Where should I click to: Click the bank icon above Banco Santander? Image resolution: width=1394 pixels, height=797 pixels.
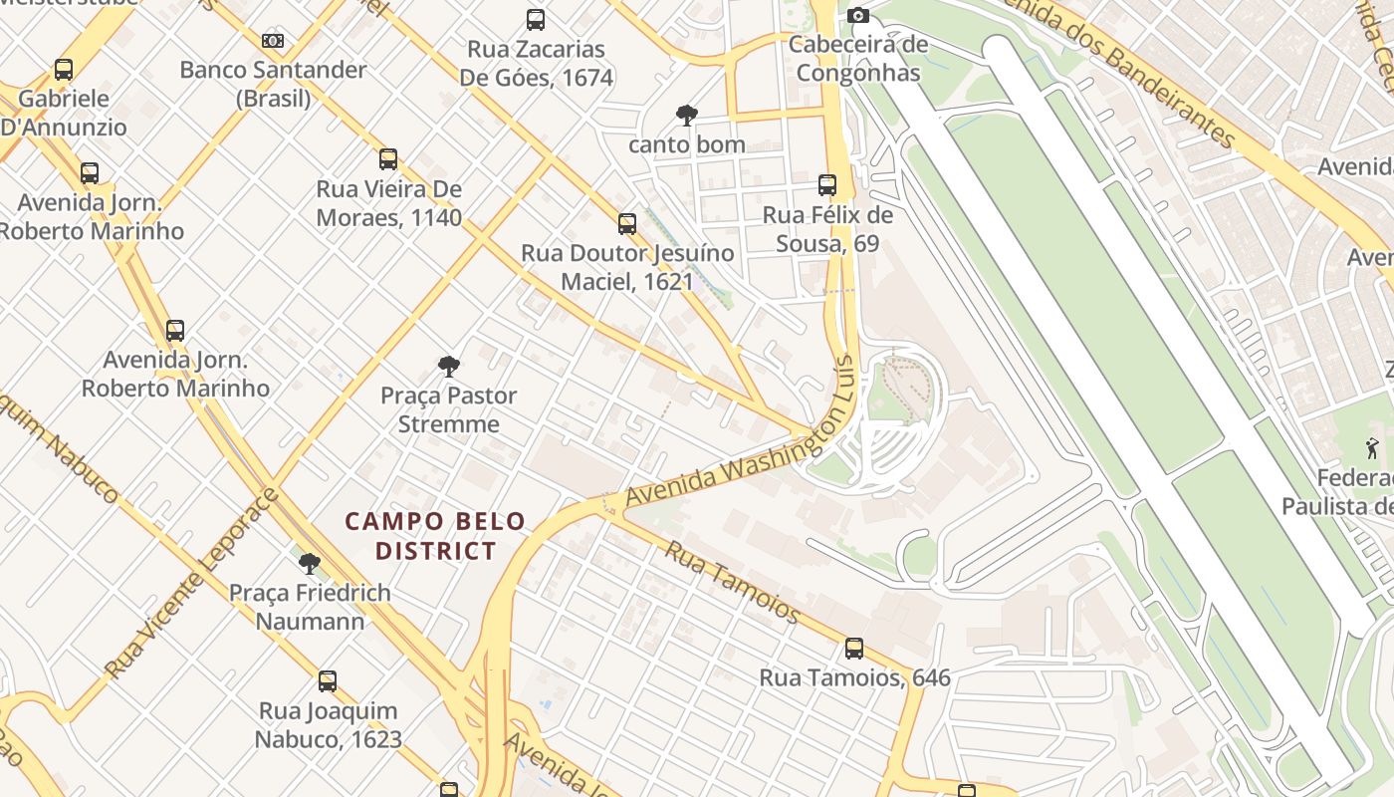click(x=273, y=41)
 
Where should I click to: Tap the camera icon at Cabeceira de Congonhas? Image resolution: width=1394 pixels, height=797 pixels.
click(x=858, y=15)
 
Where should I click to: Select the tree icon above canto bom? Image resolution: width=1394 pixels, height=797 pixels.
click(x=686, y=116)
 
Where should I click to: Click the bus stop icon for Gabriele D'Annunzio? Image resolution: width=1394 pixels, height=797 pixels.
click(x=64, y=70)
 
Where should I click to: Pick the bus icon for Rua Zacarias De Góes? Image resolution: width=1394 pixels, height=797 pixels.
click(x=536, y=20)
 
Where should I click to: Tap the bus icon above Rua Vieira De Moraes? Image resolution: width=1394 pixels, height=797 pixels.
click(x=388, y=159)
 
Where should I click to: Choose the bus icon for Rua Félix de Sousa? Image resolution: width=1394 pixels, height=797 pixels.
click(x=827, y=185)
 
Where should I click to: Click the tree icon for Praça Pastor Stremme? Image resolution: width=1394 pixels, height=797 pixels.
click(x=449, y=367)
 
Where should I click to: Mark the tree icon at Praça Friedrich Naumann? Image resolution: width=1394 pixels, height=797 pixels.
click(x=310, y=564)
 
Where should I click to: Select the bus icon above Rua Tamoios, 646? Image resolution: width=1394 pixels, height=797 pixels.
click(x=854, y=650)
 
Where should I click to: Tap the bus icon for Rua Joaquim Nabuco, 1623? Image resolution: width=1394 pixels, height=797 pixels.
click(x=328, y=682)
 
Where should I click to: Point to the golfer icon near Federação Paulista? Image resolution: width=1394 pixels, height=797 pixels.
click(x=1373, y=449)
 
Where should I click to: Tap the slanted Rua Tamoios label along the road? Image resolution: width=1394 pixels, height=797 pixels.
click(x=733, y=582)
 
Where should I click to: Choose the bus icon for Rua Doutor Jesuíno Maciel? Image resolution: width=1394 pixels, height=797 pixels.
click(x=627, y=224)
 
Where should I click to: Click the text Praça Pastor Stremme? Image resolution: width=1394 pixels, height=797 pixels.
click(x=449, y=409)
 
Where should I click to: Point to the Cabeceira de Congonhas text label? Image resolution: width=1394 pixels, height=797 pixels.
click(x=858, y=59)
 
